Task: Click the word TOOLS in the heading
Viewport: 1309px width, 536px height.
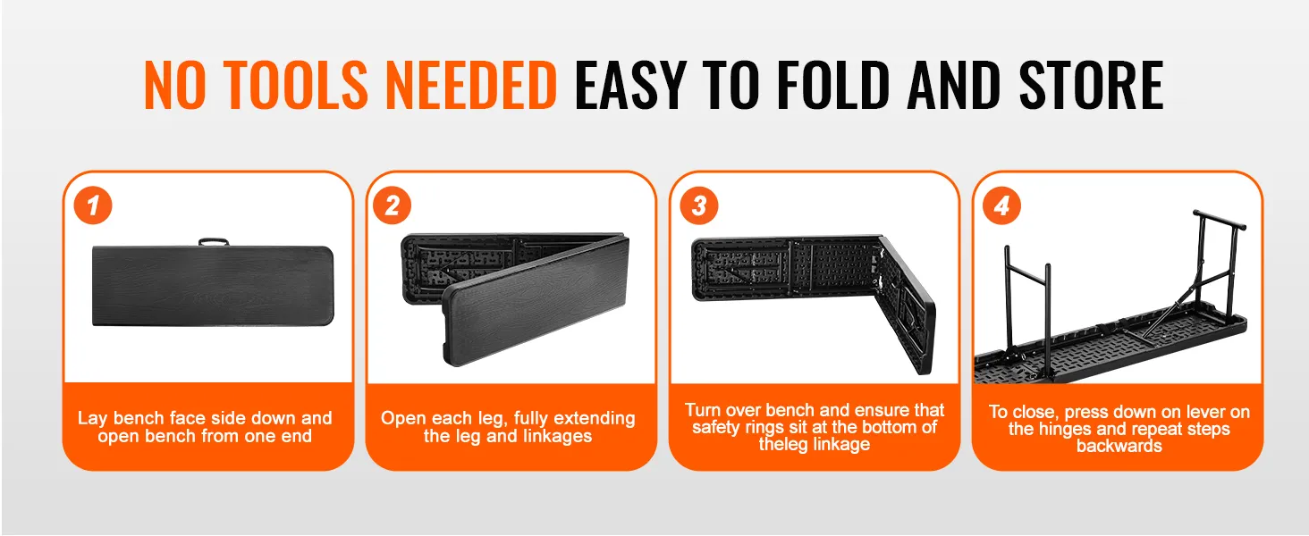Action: pyautogui.click(x=296, y=85)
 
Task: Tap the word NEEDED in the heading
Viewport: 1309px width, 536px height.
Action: pyautogui.click(x=471, y=85)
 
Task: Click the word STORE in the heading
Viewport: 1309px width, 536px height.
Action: pyautogui.click(x=1091, y=85)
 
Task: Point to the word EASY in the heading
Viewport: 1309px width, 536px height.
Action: pyautogui.click(x=630, y=85)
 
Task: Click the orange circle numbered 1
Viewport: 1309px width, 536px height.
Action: pyautogui.click(x=93, y=205)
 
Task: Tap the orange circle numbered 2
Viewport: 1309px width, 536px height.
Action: pyautogui.click(x=393, y=205)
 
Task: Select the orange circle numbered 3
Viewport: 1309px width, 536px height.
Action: pyautogui.click(x=699, y=205)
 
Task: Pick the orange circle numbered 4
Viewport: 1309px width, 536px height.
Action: pyautogui.click(x=1001, y=205)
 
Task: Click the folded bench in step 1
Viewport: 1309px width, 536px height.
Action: pyautogui.click(x=214, y=286)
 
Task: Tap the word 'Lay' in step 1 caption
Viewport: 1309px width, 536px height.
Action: pyautogui.click(x=92, y=418)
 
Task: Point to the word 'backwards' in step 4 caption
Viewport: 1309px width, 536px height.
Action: pyautogui.click(x=1119, y=446)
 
